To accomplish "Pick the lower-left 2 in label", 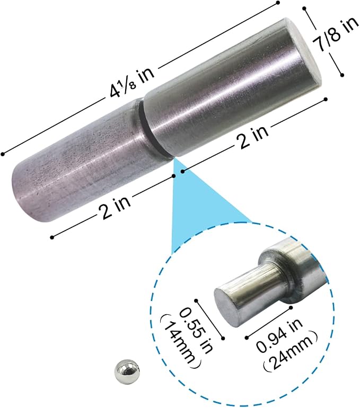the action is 115,207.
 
